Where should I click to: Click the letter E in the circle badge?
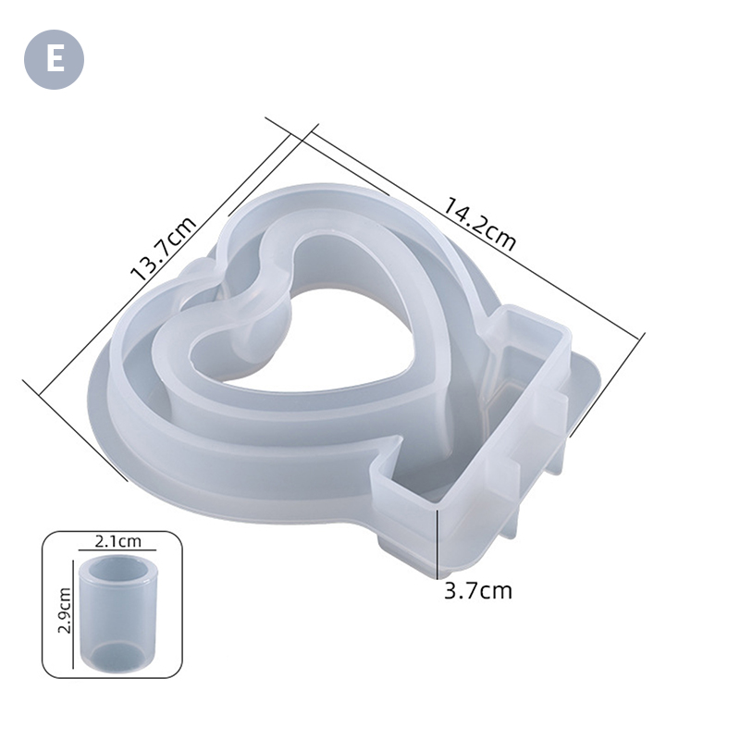click(55, 59)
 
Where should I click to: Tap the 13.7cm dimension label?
click(164, 249)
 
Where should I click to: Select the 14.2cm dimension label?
click(480, 224)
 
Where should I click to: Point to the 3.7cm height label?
click(478, 590)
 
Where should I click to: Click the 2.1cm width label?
click(118, 541)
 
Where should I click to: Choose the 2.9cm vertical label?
click(63, 610)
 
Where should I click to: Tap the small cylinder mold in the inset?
click(118, 613)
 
